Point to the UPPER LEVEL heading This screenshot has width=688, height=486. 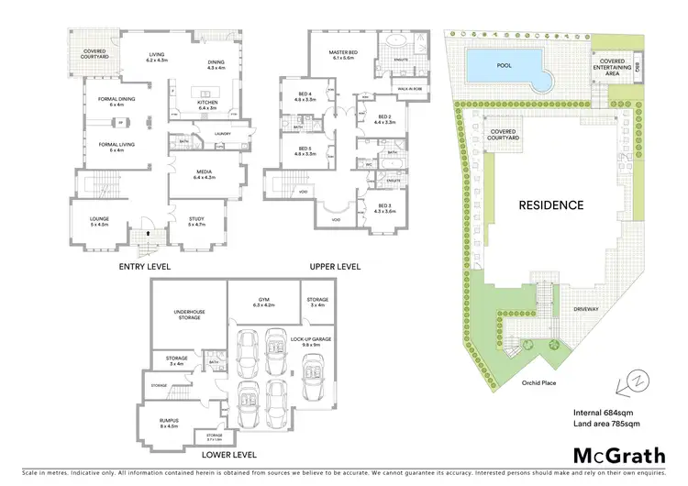(335, 267)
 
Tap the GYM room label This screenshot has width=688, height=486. (264, 299)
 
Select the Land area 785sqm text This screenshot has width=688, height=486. (605, 424)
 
